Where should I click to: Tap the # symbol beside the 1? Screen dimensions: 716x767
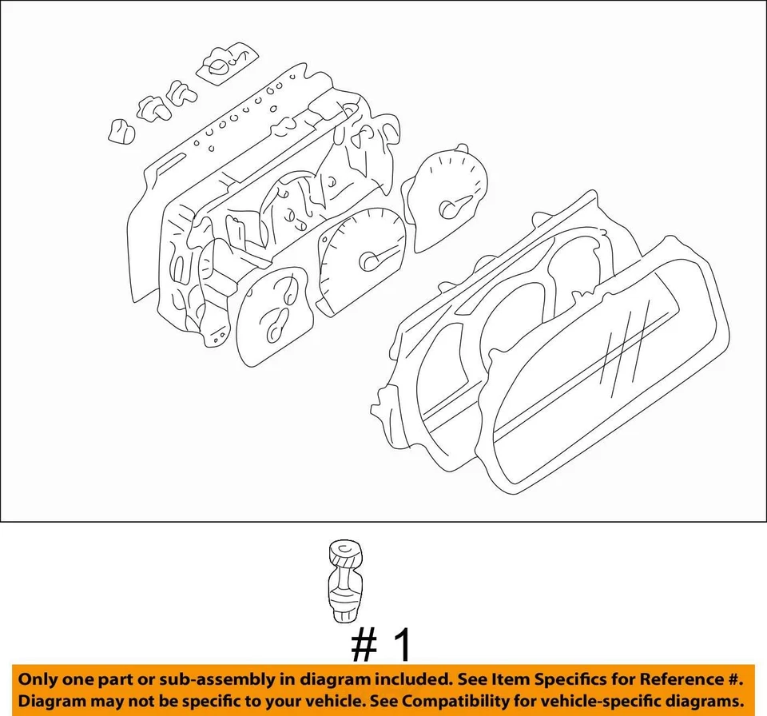pyautogui.click(x=366, y=646)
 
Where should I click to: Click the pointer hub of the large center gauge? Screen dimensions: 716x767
pyautogui.click(x=370, y=261)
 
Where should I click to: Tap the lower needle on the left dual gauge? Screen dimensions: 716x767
pyautogui.click(x=277, y=324)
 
